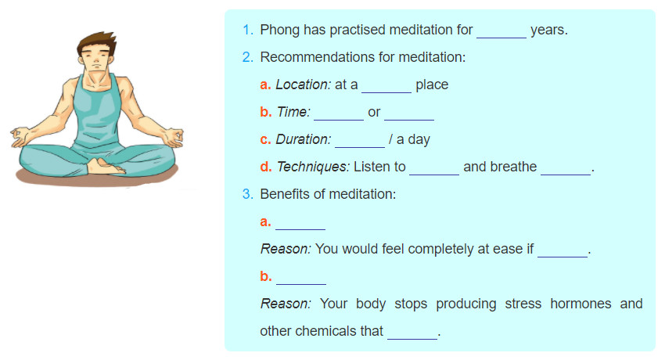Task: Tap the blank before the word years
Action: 501,38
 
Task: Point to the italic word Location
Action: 303,85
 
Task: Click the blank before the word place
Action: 386,92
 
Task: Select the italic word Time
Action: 293,112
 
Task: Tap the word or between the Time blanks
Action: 374,113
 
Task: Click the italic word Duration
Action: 304,139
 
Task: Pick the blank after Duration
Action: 360,147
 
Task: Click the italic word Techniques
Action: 313,167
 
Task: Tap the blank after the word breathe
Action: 566,175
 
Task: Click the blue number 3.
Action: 248,194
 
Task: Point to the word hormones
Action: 581,304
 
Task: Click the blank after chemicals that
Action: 412,338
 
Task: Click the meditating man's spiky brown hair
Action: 97,42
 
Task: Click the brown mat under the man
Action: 97,178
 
